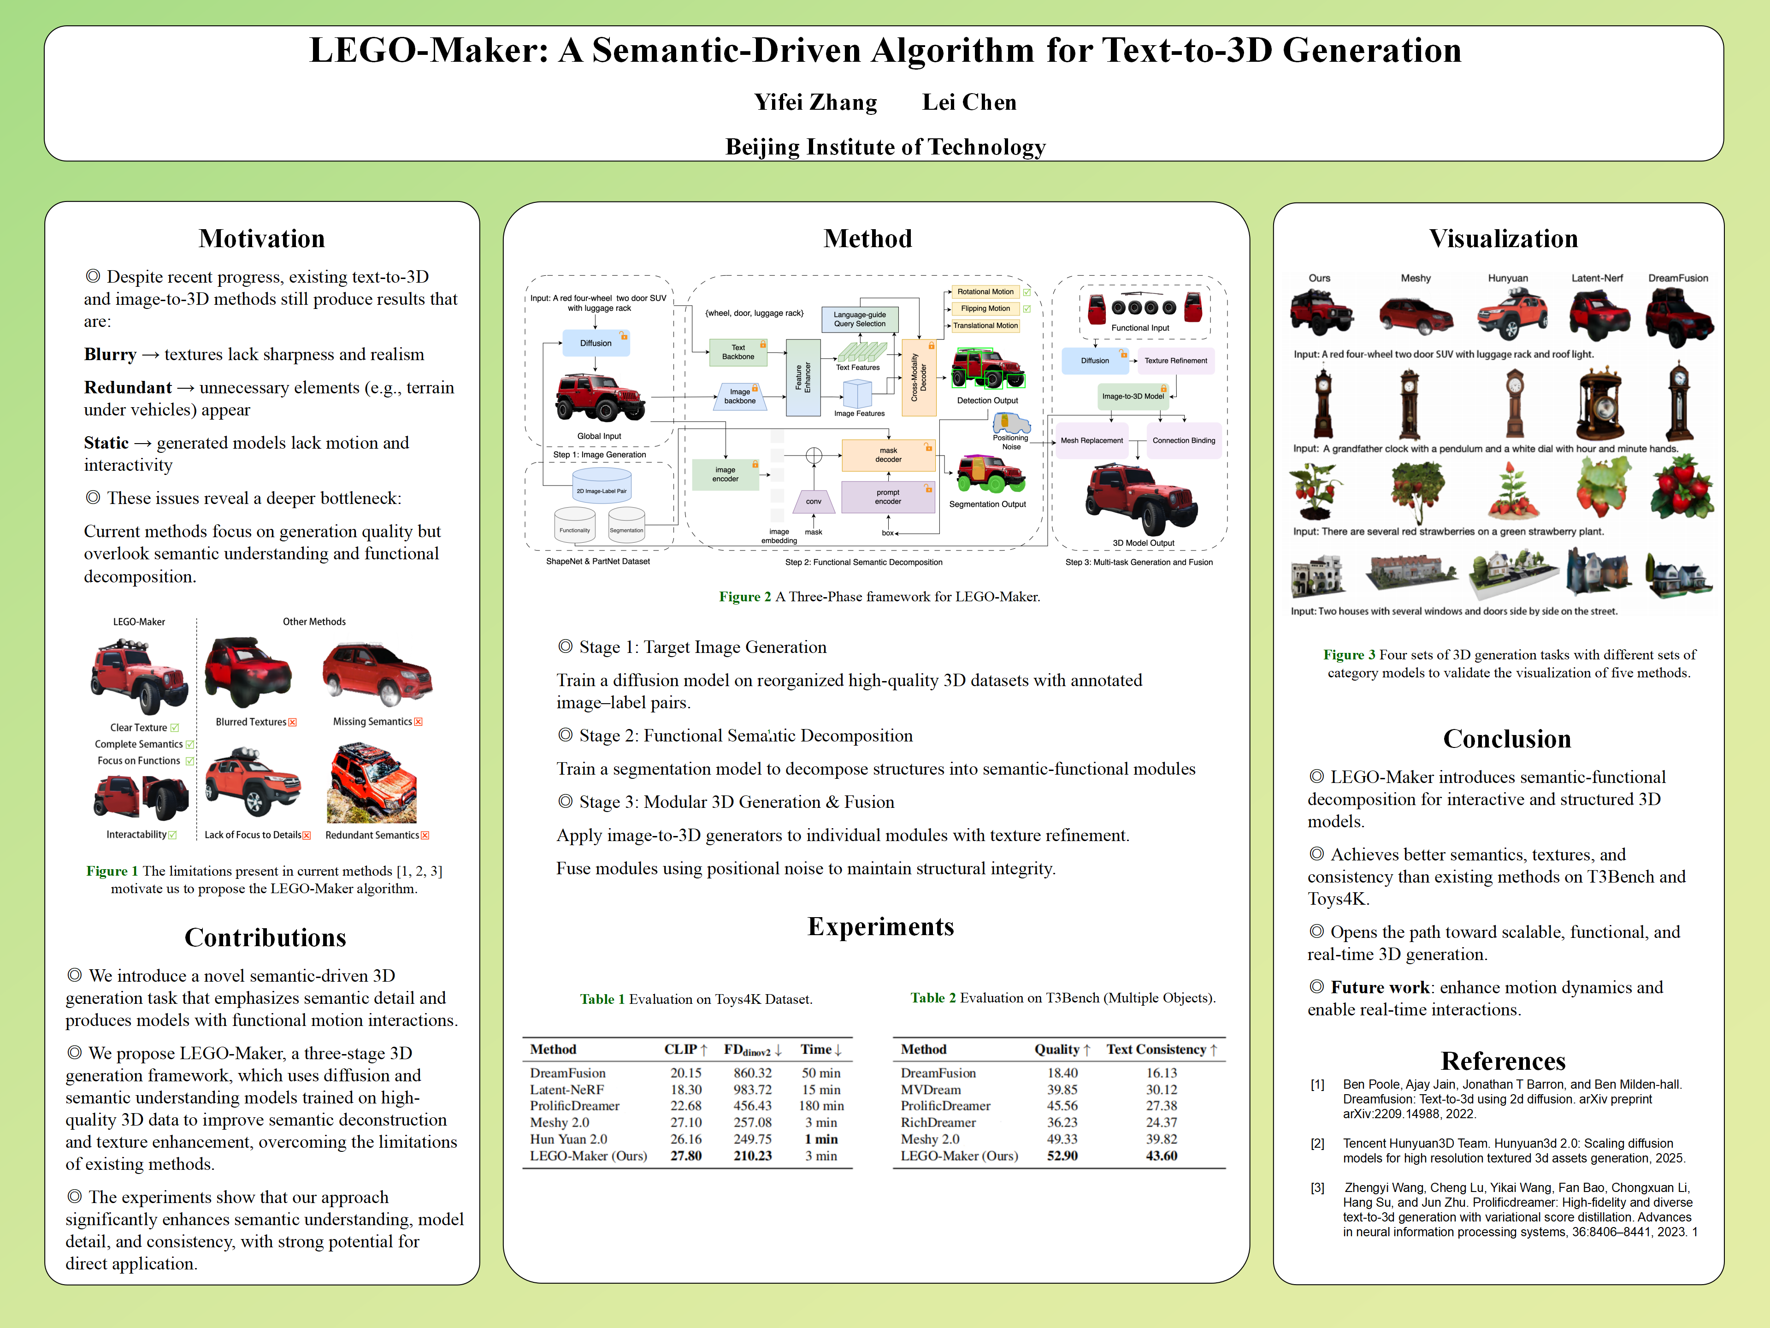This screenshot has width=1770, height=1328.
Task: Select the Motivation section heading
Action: (262, 238)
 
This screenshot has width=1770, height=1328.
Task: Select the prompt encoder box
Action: (887, 497)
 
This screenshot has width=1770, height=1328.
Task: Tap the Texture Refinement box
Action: (1175, 361)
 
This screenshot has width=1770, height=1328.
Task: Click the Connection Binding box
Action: (1184, 440)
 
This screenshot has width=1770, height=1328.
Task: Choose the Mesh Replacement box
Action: (1091, 440)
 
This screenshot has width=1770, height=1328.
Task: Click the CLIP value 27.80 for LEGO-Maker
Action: (686, 1156)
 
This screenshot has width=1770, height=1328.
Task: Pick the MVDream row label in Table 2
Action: (931, 1090)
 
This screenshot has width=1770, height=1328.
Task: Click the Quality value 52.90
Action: (1062, 1156)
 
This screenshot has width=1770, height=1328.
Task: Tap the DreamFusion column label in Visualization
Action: (1677, 279)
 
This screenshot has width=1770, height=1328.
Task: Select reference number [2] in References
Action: (1317, 1144)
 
